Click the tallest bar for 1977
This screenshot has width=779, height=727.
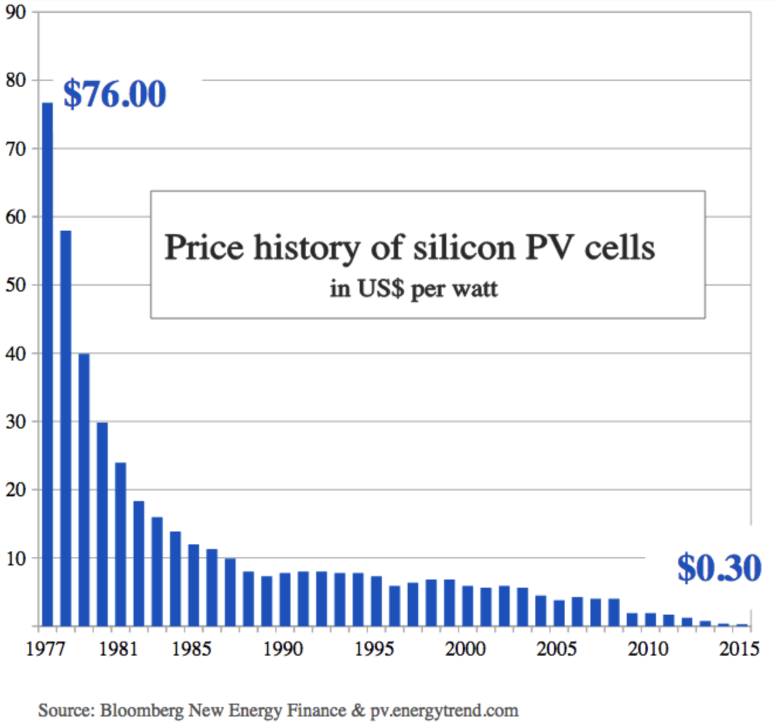click(x=47, y=363)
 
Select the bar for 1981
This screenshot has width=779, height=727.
click(x=121, y=544)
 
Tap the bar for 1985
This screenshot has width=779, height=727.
click(x=194, y=585)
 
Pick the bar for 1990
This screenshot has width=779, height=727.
click(x=285, y=599)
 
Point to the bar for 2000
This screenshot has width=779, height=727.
click(x=468, y=606)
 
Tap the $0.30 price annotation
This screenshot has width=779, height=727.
click(x=719, y=567)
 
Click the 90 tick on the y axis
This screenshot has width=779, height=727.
click(x=16, y=12)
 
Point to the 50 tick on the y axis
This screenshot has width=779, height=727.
click(x=16, y=285)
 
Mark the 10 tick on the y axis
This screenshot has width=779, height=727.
click(x=16, y=558)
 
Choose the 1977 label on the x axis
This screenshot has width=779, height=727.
click(x=46, y=649)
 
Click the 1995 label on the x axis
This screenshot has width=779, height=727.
click(x=374, y=649)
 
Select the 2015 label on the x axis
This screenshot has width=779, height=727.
click(x=739, y=649)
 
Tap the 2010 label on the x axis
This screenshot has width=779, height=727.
click(x=648, y=649)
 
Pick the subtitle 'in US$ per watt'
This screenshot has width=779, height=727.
click(x=414, y=289)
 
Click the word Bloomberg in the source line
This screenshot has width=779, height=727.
click(x=142, y=711)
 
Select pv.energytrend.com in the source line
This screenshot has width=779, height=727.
click(x=444, y=711)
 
